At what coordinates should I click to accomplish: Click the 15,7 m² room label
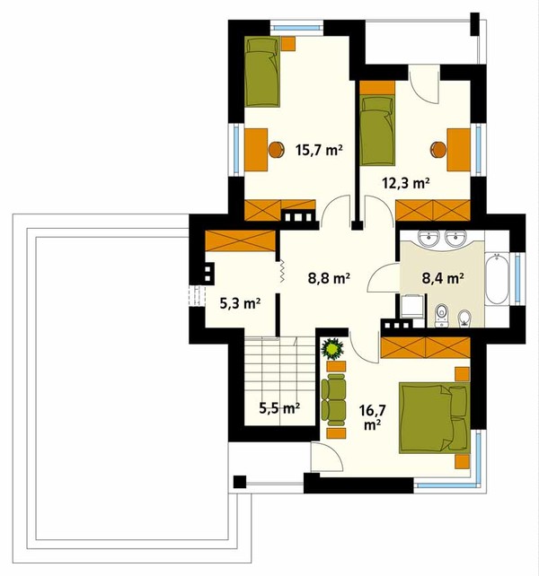click(319, 150)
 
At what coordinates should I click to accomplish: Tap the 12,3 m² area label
click(406, 182)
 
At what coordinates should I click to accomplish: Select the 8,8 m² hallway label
click(329, 278)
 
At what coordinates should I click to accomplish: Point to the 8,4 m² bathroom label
click(442, 278)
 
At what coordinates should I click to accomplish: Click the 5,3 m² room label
click(240, 303)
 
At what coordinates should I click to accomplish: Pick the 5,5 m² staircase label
click(279, 408)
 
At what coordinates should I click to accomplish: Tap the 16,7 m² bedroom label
click(372, 417)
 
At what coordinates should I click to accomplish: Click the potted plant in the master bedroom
click(332, 349)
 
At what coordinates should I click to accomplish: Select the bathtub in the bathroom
click(497, 278)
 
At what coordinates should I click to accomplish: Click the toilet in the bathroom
click(441, 315)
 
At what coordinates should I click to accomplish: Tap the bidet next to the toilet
click(464, 319)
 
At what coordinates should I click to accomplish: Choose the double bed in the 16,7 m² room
click(435, 418)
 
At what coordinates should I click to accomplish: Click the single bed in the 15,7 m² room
click(262, 72)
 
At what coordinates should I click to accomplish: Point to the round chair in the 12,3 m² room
click(438, 150)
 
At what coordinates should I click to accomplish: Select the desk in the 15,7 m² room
click(256, 150)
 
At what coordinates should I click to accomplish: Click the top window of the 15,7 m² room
click(297, 28)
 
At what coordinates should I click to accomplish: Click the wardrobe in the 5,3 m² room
click(240, 240)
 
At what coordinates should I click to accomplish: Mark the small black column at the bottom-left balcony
click(240, 482)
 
